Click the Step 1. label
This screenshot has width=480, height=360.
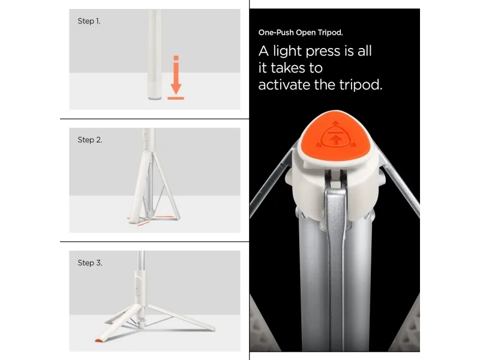[89, 21]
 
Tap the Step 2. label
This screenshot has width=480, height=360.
[89, 140]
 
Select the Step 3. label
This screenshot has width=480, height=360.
[89, 263]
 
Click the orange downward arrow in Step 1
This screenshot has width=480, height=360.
[176, 75]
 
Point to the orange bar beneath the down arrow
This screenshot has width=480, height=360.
[176, 98]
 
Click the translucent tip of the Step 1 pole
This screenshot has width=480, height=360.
[155, 91]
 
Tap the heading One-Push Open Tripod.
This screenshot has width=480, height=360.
[301, 32]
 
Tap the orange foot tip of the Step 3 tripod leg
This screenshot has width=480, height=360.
[98, 340]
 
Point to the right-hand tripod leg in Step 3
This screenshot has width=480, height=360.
[181, 317]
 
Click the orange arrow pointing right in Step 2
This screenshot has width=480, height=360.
[165, 217]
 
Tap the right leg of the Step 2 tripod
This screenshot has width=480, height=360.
[167, 186]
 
